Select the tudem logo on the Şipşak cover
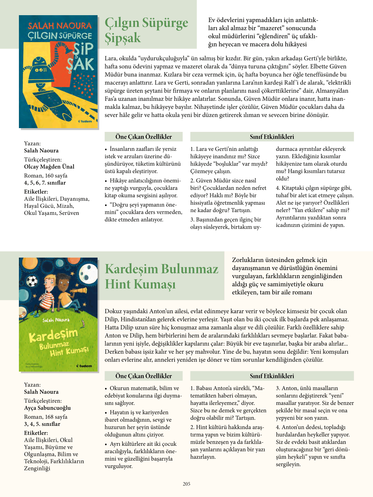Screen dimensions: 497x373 tap(85, 121)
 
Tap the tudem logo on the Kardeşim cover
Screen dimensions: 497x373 tap(84, 366)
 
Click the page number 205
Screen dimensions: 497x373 tap(186, 484)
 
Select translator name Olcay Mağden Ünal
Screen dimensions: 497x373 tap(49, 167)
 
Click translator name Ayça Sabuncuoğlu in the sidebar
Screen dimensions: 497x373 tap(47, 408)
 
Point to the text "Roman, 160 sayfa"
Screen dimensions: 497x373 tap(46, 176)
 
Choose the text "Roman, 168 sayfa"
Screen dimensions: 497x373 tap(46, 417)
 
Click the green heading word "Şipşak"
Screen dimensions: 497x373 tap(123, 38)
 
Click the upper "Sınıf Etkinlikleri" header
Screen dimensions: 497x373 tap(272, 137)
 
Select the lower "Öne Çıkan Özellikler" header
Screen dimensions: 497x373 tap(143, 376)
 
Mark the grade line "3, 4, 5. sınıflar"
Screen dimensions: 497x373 tap(42, 424)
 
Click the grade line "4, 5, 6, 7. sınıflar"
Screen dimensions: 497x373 tap(45, 183)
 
